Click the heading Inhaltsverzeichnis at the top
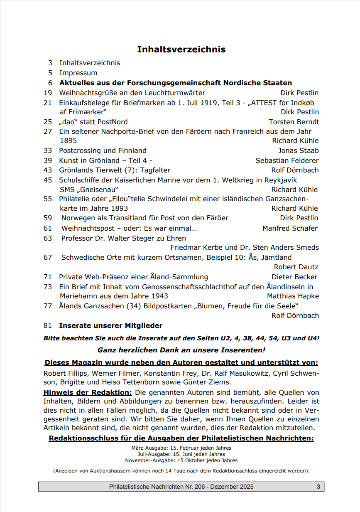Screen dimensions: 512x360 click(181, 49)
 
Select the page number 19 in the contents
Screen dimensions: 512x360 click(48, 93)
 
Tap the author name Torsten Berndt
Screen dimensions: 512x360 click(294, 122)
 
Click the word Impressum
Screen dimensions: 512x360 click(78, 73)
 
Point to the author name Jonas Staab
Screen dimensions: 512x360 click(298, 150)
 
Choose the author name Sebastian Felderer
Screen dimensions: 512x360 click(287, 160)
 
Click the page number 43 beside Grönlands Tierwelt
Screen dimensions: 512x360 click(48, 170)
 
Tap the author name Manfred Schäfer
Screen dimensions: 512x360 click(290, 228)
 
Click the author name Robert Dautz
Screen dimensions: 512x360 click(296, 267)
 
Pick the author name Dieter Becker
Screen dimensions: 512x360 click(294, 277)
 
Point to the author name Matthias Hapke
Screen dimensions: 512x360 click(293, 296)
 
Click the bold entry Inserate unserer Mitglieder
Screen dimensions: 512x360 click(110, 325)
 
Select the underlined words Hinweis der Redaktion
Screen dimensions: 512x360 click(88, 392)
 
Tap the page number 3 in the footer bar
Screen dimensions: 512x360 click(318, 487)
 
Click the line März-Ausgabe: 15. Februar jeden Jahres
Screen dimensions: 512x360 click(181, 448)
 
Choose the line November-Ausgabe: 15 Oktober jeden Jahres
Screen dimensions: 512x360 click(181, 460)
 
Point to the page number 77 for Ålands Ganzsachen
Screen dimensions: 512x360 click(48, 306)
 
